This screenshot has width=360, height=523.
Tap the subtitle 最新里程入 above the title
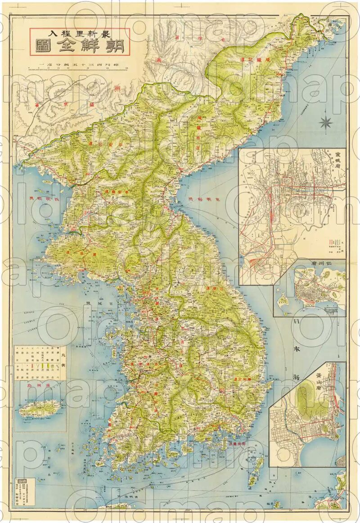coord(79,32)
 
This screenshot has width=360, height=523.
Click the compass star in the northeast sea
coord(326,121)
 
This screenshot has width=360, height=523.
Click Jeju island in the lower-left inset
coord(40,408)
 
